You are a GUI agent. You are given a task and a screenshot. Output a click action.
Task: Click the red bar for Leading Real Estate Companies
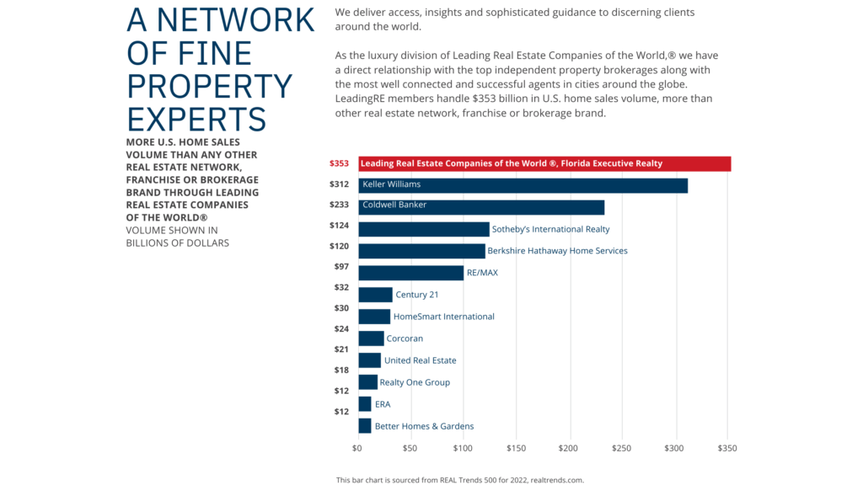click(544, 163)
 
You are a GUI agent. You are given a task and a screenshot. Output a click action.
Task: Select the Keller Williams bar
click(523, 185)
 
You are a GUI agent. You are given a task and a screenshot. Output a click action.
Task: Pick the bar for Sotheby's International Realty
click(424, 229)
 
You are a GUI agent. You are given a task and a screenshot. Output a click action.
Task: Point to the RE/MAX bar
click(411, 273)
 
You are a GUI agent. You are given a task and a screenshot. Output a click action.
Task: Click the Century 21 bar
click(376, 295)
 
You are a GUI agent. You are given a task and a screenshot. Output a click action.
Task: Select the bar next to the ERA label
click(365, 404)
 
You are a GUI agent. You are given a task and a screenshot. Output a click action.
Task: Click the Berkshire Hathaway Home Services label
click(557, 251)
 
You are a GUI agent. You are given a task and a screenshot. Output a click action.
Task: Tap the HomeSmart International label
click(443, 317)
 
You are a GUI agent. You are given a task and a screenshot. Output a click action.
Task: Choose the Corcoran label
click(405, 338)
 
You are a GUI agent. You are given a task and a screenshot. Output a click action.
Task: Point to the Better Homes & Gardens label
click(424, 426)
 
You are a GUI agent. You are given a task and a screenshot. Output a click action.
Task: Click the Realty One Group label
click(415, 382)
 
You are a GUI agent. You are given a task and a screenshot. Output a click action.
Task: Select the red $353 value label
click(339, 163)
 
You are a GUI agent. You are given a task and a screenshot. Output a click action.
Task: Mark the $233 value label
click(339, 205)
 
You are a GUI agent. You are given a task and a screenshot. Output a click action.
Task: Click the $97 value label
click(341, 267)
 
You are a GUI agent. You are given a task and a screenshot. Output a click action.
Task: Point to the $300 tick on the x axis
click(674, 448)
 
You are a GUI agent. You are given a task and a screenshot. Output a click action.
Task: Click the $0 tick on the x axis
click(358, 448)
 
